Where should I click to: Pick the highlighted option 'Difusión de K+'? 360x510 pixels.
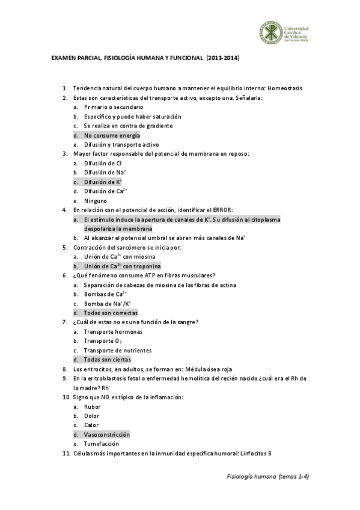pos(103,182)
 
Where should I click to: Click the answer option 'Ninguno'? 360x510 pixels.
pos(96,200)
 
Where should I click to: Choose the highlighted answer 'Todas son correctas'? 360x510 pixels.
pos(111,313)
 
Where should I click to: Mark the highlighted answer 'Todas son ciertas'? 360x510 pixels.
pos(107,360)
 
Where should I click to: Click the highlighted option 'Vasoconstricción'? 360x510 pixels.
pos(106,434)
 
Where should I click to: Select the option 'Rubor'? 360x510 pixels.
pos(92,407)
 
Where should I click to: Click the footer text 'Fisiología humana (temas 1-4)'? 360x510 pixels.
pos(264,476)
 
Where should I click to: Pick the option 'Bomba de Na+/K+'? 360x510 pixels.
pos(108,304)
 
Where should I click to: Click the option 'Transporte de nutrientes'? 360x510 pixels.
pos(117,350)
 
